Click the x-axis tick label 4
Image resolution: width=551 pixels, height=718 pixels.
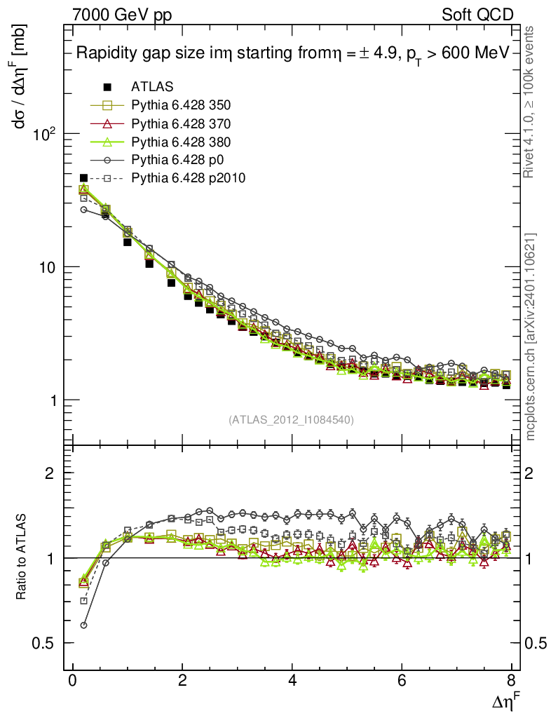pos(292,681)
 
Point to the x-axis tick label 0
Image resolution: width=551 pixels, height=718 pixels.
pos(72,681)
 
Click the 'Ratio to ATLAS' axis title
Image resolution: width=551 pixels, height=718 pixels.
pos(22,557)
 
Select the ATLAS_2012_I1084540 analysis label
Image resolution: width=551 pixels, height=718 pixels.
pos(291,420)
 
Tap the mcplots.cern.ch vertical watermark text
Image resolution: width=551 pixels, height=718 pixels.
pos(531,337)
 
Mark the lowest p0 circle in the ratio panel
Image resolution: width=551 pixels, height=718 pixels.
pos(83,625)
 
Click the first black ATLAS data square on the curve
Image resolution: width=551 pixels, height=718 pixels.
pos(84,178)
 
